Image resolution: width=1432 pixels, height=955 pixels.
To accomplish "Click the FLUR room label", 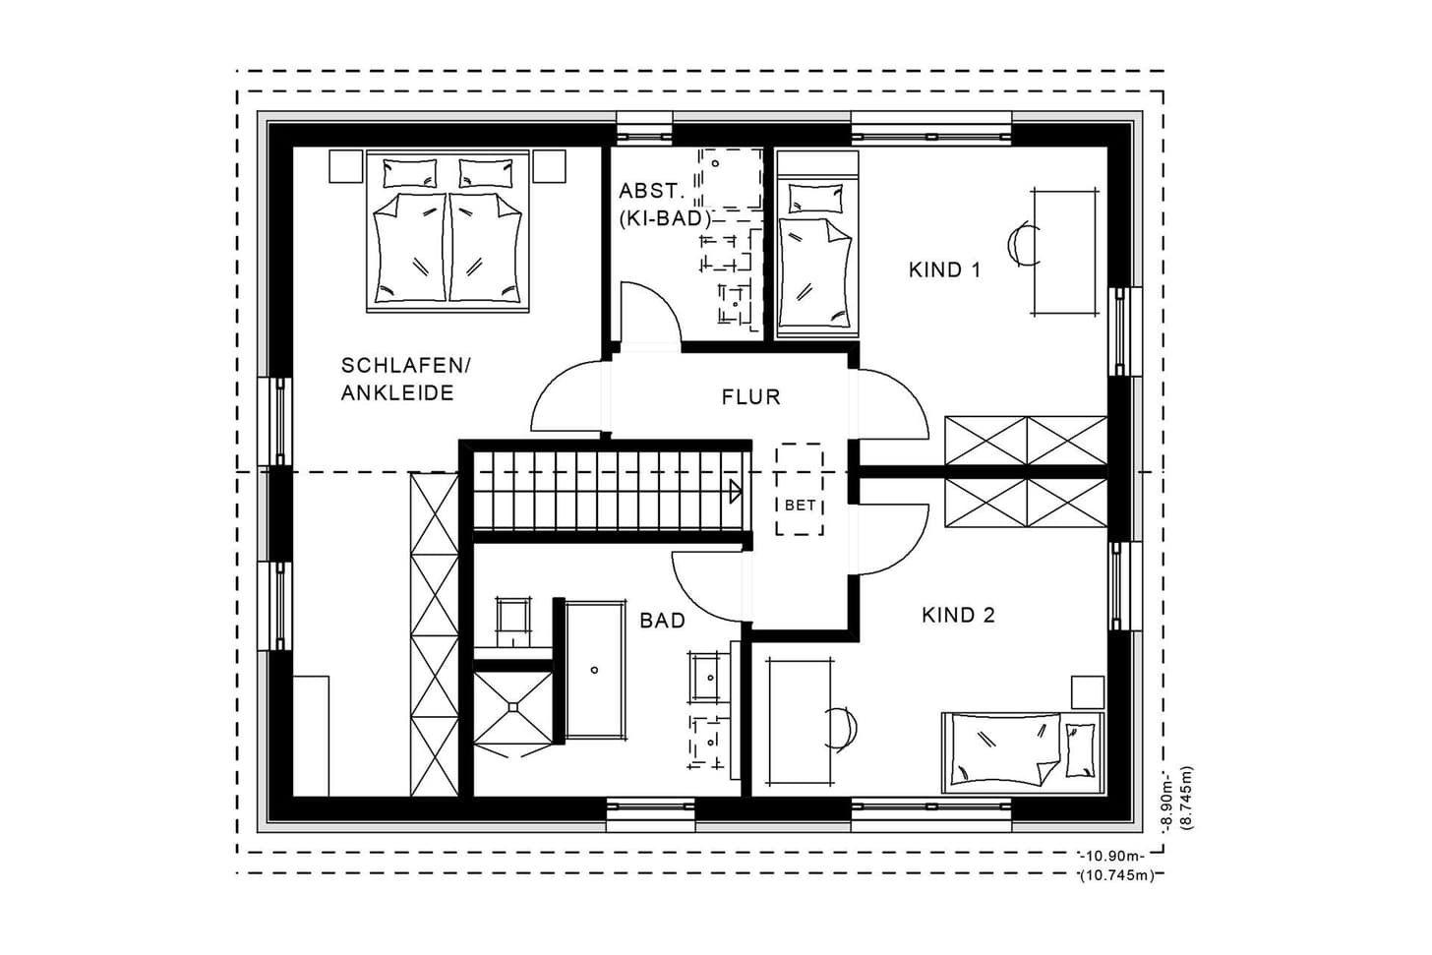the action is pos(751,397).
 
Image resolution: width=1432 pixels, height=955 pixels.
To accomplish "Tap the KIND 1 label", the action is pos(944,269).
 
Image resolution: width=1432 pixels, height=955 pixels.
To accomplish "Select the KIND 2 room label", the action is pos(958,615).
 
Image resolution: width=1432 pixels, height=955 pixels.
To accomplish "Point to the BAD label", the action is pos(662,620).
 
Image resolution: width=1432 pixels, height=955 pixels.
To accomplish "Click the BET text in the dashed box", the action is pos(800,505).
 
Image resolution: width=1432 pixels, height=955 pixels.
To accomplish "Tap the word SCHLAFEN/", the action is pos(405,366).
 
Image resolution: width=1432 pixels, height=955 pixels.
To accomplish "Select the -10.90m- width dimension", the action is pos(1111,856).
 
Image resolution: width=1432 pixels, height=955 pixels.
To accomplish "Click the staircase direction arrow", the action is pos(736,492).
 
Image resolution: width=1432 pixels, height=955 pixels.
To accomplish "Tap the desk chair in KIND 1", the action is pos(1021,244).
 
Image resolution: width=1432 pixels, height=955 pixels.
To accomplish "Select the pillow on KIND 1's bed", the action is pos(815,198).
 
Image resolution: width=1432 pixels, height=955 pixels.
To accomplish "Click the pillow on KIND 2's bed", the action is pos(1080,749).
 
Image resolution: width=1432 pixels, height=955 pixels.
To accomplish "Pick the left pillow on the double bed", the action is pos(410,173).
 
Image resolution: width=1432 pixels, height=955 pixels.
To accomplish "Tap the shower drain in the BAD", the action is pos(512,707).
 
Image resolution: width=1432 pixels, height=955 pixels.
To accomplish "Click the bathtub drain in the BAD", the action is pos(594,670).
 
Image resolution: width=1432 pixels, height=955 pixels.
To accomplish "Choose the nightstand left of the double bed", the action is pos(346,167).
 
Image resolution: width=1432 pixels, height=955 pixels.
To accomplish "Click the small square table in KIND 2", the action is pos(1088,691).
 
